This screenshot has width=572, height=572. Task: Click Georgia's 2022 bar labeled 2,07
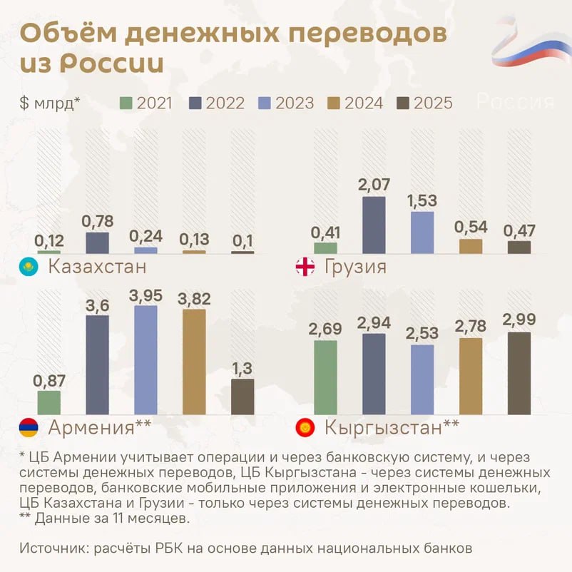click(374, 225)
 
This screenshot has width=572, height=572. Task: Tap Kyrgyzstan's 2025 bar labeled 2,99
click(519, 374)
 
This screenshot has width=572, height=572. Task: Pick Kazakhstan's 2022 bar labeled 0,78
click(98, 242)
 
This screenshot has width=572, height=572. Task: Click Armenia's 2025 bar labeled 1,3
click(242, 397)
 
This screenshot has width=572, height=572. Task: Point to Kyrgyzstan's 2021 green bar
click(325, 378)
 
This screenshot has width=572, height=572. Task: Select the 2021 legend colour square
click(126, 103)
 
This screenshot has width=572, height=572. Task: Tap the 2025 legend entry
click(424, 103)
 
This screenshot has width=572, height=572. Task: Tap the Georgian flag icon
click(305, 268)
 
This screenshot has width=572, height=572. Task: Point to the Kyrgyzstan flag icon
click(305, 428)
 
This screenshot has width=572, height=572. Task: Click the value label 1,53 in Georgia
click(422, 200)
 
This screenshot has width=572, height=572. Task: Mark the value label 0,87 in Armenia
click(48, 380)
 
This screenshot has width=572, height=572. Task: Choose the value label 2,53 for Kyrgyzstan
click(422, 333)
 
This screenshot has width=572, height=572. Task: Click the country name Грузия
click(355, 267)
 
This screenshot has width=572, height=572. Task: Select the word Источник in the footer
click(49, 548)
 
